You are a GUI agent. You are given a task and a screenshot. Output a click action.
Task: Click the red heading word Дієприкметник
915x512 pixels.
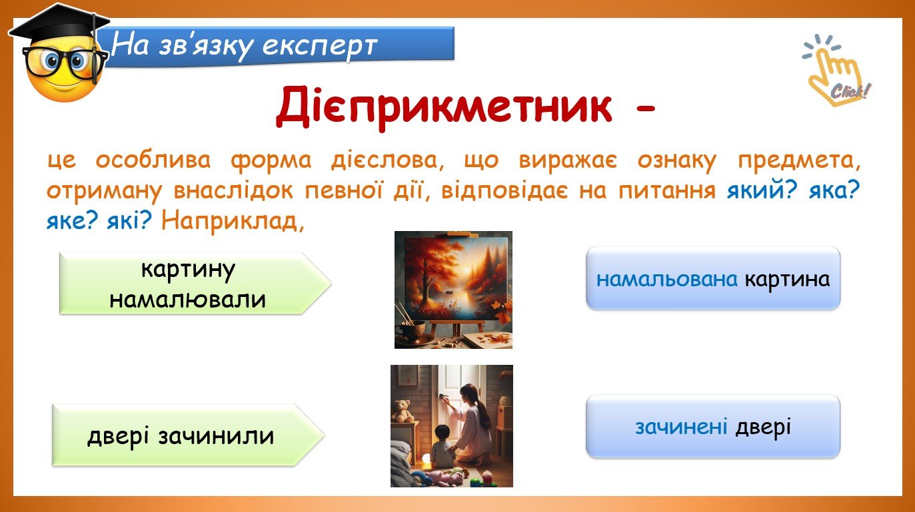pos(444,107)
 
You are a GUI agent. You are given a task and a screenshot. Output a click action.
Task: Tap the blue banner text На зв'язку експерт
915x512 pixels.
pos(244,46)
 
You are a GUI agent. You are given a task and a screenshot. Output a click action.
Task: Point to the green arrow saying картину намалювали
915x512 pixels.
pos(195,283)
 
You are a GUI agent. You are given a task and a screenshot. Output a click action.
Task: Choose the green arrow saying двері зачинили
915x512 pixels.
pos(189,435)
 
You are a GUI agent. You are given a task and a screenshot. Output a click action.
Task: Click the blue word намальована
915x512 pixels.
pos(666,280)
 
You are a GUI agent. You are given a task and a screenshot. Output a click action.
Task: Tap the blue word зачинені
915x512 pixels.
pos(681,427)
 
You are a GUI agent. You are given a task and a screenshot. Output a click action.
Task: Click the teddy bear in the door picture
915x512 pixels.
pos(403,411)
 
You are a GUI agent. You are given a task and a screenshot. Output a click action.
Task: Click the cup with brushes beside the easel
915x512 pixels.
pos(412,326)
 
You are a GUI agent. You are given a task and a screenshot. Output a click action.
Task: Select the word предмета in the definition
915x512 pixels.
pos(799,160)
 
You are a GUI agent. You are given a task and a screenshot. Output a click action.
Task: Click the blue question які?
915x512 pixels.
pos(129,222)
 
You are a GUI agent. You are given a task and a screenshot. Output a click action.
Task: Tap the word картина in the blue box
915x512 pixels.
pos(787,280)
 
